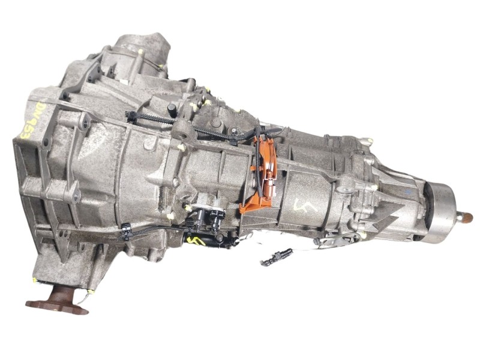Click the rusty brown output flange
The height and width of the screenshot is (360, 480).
click(x=58, y=300)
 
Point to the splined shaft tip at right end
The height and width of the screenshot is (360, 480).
click(x=466, y=217)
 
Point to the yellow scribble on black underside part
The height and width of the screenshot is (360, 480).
click(x=196, y=241)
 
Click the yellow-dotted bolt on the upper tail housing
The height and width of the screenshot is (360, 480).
click(x=367, y=142)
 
